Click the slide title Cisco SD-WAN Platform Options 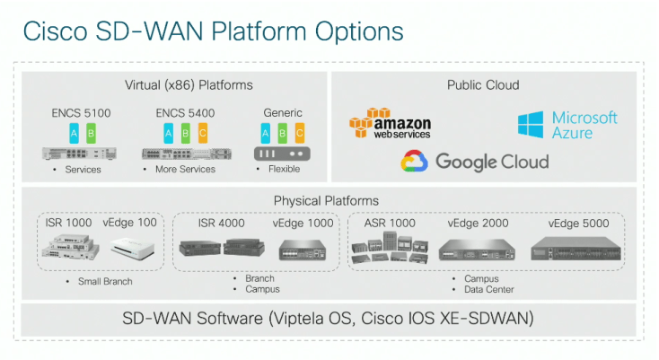212,31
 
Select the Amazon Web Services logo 391,123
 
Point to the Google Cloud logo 474,162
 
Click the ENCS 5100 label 82,113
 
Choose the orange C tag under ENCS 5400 202,134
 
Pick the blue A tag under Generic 265,134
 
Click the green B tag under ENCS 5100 92,134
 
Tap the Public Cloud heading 483,85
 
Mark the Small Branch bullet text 104,282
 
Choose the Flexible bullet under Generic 283,169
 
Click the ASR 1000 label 390,223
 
